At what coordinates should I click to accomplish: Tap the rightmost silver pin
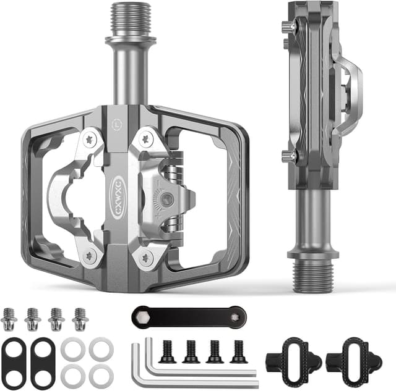(80, 319)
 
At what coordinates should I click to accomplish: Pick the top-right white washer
(100, 348)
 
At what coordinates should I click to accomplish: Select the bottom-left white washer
(73, 374)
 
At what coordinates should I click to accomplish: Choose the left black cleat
(293, 361)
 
